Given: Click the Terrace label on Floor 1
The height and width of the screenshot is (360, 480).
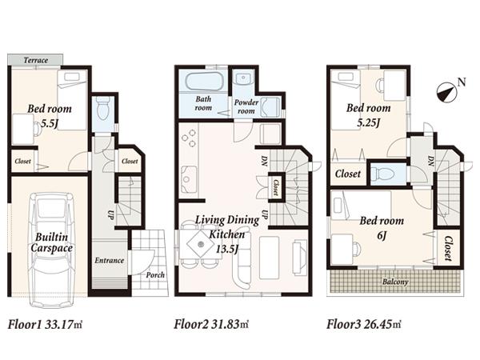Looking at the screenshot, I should click(36, 61).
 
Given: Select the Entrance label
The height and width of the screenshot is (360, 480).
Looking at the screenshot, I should click(109, 260).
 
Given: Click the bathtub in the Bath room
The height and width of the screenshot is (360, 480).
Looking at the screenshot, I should click(202, 82).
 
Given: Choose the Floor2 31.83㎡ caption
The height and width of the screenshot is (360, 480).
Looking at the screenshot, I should click(211, 325).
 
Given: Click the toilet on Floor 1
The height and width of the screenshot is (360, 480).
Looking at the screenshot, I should click(102, 114).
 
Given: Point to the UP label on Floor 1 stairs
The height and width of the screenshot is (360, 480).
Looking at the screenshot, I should click(110, 214).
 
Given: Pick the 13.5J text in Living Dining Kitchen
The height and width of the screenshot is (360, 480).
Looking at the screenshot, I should click(226, 248).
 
